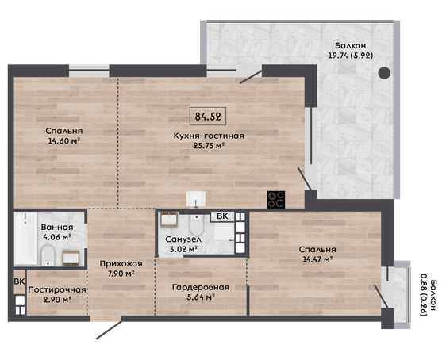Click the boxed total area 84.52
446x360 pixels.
pyautogui.click(x=208, y=117)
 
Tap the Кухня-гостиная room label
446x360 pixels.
pyautogui.click(x=209, y=136)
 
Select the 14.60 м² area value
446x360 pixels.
pyautogui.click(x=63, y=140)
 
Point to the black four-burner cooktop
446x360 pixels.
pyautogui.click(x=276, y=200)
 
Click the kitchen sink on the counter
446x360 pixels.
pyautogui.click(x=196, y=198)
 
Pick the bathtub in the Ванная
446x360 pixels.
pyautogui.click(x=25, y=239)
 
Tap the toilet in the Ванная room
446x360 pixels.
pyautogui.click(x=48, y=255)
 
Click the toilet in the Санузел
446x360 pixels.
pyautogui.click(x=196, y=225)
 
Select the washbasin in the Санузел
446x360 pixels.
pyautogui.click(x=169, y=220)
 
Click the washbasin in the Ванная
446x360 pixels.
pyautogui.click(x=71, y=259)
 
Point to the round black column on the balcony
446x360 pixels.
pyautogui.click(x=384, y=73)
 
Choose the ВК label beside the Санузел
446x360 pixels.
pyautogui.click(x=222, y=216)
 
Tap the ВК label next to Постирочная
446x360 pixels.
pyautogui.click(x=19, y=281)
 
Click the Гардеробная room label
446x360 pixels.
pyautogui.click(x=201, y=287)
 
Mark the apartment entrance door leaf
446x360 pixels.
pyautogui.click(x=110, y=330)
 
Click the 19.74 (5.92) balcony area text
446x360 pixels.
pyautogui.click(x=351, y=56)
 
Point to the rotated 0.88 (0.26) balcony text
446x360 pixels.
pyautogui.click(x=424, y=296)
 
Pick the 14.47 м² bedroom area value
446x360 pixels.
pyautogui.click(x=317, y=259)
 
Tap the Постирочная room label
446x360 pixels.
pyautogui.click(x=57, y=289)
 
